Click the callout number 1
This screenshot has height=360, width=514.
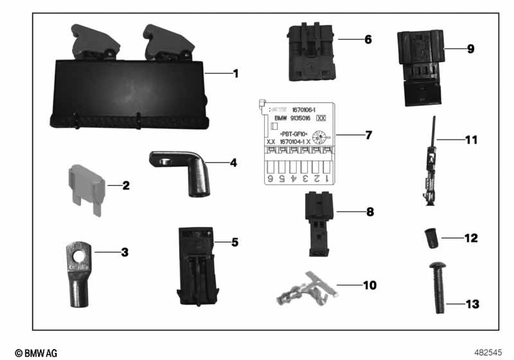(235, 74)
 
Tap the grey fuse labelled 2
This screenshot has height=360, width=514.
(84, 187)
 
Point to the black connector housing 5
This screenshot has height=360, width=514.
(196, 264)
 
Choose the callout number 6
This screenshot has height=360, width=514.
(368, 39)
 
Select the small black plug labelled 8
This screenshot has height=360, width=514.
(314, 214)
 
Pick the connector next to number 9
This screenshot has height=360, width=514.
(419, 67)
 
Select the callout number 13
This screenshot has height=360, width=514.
(472, 303)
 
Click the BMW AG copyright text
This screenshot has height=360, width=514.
(36, 353)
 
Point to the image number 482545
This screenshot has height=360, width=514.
(489, 353)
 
